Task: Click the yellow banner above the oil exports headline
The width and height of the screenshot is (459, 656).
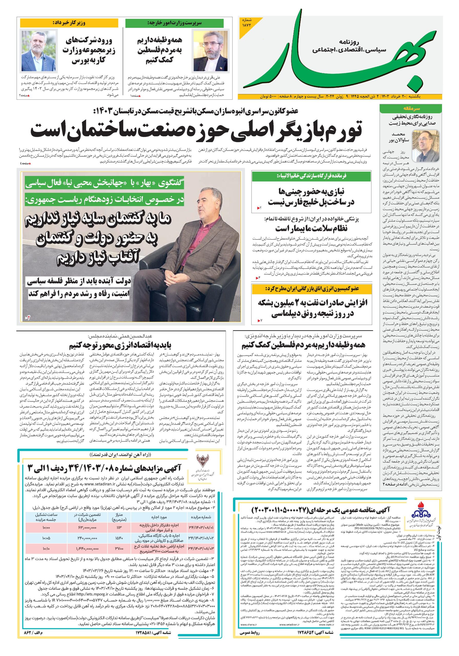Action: click(x=311, y=289)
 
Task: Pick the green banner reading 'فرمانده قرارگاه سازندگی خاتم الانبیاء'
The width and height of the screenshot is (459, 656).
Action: click(x=311, y=176)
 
